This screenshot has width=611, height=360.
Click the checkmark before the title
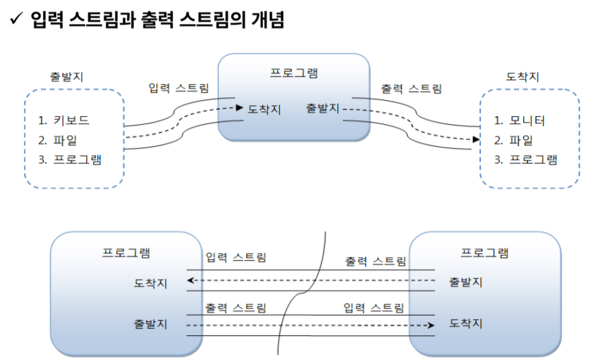click(x=15, y=20)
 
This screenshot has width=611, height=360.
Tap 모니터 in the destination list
click(x=529, y=120)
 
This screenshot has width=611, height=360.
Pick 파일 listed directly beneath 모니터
click(x=522, y=139)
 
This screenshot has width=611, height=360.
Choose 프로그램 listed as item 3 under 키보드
click(x=78, y=158)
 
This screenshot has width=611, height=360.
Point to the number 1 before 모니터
click(x=497, y=120)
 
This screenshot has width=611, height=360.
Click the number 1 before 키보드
click(x=43, y=120)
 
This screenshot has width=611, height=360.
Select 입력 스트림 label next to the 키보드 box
click(x=178, y=89)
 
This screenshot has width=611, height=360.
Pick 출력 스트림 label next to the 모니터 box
click(x=411, y=89)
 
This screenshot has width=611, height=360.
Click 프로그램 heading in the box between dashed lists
click(x=294, y=73)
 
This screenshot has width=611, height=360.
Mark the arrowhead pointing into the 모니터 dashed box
click(x=475, y=139)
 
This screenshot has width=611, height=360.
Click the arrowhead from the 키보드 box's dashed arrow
click(x=239, y=108)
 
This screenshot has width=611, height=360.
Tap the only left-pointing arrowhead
click(x=191, y=280)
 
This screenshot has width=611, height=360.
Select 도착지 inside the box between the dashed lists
click(x=264, y=110)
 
